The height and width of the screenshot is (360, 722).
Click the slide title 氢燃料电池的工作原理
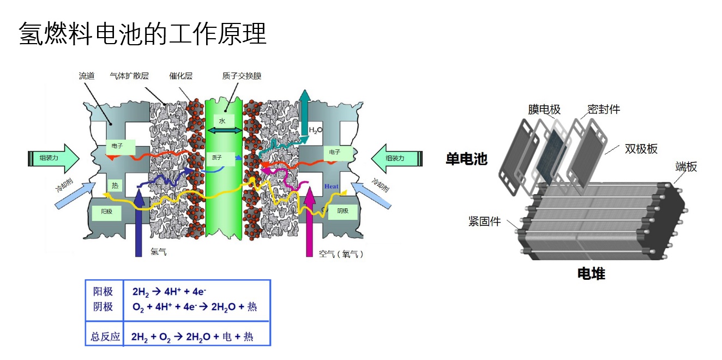[x=142, y=34]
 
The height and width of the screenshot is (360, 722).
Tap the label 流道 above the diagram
[x=87, y=76]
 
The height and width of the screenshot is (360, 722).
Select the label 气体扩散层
[x=129, y=76]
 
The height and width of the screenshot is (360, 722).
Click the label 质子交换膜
[x=242, y=76]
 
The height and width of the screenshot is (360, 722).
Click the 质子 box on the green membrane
[x=217, y=158]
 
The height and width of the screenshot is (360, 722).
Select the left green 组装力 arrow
[x=53, y=159]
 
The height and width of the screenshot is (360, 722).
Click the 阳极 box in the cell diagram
[x=106, y=211]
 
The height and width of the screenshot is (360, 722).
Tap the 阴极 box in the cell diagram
[x=342, y=211]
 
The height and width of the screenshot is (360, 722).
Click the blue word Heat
[x=332, y=187]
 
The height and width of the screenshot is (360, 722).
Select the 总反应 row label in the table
[x=105, y=336]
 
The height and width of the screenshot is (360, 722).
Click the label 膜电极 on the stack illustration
[x=544, y=110]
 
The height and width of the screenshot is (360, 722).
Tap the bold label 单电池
[x=466, y=159]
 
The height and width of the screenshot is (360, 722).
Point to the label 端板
[x=686, y=167]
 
